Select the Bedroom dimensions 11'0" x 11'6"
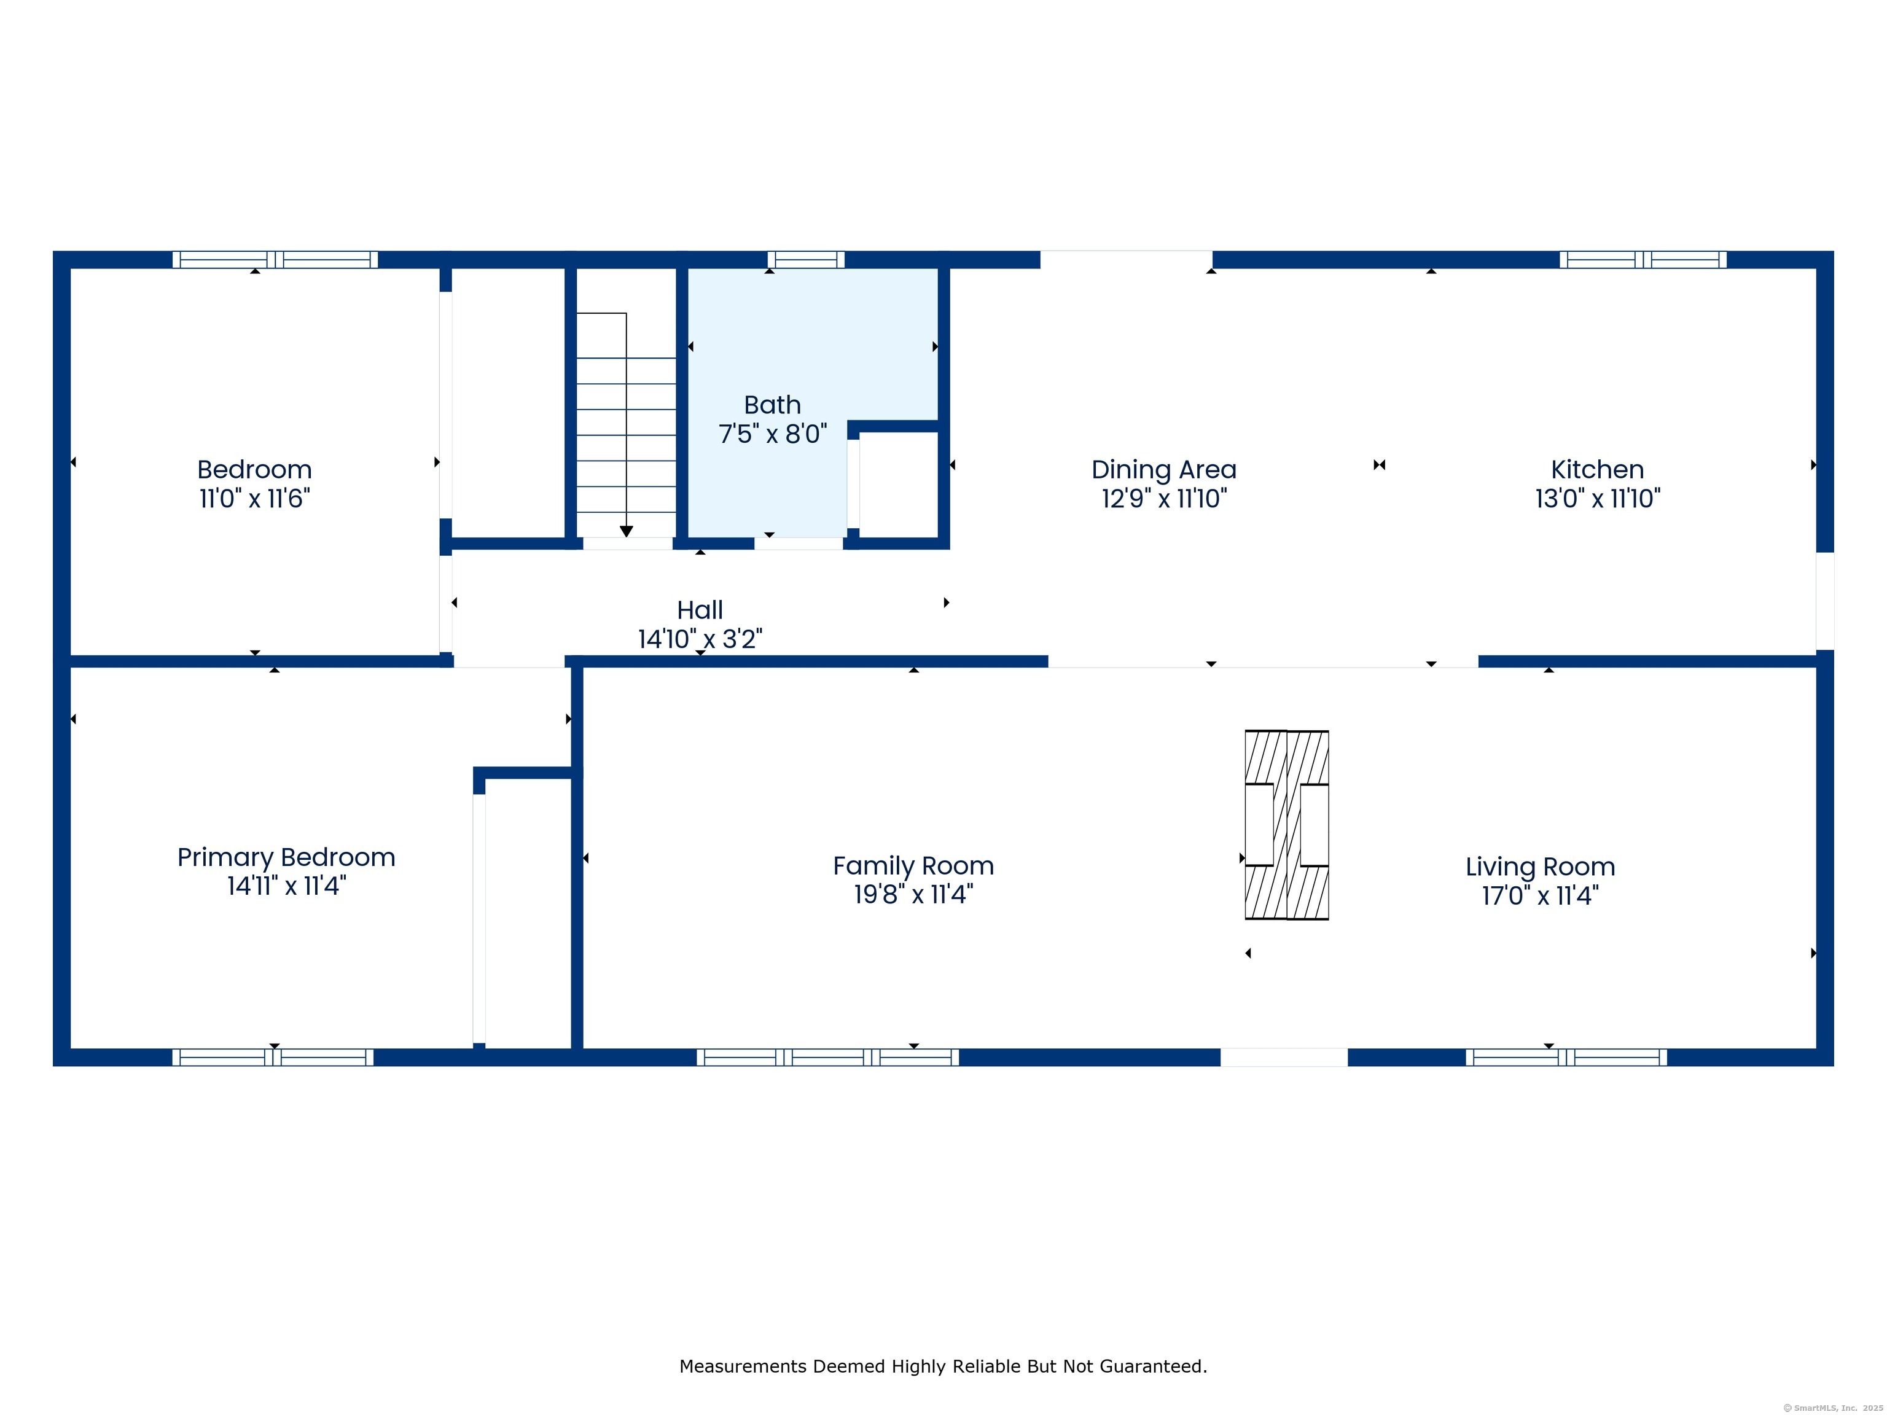click(x=254, y=498)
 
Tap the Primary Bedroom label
click(x=286, y=857)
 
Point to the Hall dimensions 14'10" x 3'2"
click(x=700, y=639)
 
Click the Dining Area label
click(x=1163, y=469)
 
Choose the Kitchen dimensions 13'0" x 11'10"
click(x=1598, y=498)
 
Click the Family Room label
click(x=913, y=866)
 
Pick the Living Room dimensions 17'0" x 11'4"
click(x=1540, y=895)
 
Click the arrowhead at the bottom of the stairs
click(x=626, y=531)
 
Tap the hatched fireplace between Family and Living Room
click(x=1286, y=825)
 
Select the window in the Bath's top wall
click(x=805, y=259)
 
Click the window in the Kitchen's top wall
click(x=1642, y=259)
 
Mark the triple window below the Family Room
click(x=827, y=1058)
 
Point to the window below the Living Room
click(x=1566, y=1058)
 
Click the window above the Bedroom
click(x=275, y=259)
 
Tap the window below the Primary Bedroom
click(x=273, y=1058)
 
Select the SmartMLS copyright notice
click(x=1834, y=1408)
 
